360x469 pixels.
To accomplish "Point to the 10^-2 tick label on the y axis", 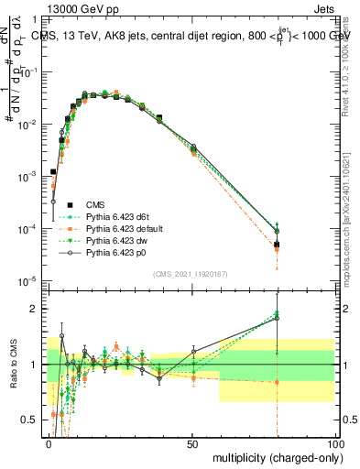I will tap(30, 123).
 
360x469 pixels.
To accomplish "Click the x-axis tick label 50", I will tap(192, 444).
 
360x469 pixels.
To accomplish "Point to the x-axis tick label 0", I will tap(49, 444).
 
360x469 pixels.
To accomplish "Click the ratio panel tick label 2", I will tap(38, 309).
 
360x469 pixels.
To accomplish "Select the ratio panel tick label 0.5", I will tap(32, 420).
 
